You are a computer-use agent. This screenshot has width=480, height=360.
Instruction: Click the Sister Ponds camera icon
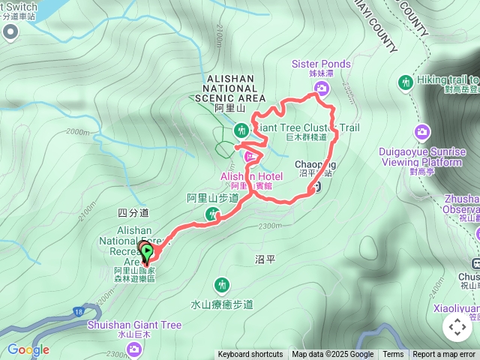click(321, 89)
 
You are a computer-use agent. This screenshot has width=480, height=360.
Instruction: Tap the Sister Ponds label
click(321, 64)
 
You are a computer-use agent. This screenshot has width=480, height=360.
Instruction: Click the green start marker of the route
click(148, 252)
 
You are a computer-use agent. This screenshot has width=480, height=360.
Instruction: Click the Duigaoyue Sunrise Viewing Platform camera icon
click(423, 132)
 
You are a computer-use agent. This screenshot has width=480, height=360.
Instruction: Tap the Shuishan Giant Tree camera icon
click(134, 349)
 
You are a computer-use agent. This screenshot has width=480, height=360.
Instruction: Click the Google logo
click(28, 349)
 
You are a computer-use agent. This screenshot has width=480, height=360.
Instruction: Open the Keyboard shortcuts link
click(250, 355)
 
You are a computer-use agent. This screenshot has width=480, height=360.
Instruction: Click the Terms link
click(393, 355)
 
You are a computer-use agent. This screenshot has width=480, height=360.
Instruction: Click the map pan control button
click(457, 327)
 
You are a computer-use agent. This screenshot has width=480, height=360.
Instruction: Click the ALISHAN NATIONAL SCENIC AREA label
click(230, 88)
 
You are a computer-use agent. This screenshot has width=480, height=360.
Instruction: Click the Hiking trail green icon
click(406, 81)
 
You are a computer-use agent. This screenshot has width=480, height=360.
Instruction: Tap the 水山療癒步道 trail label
click(222, 304)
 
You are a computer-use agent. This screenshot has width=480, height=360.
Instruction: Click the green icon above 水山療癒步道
click(222, 285)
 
